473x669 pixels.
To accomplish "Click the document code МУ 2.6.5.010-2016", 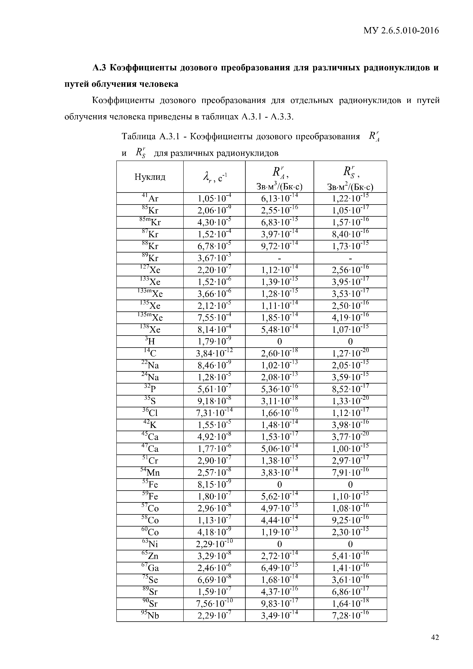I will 401,31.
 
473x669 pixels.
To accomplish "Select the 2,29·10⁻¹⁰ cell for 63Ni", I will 214,544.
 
